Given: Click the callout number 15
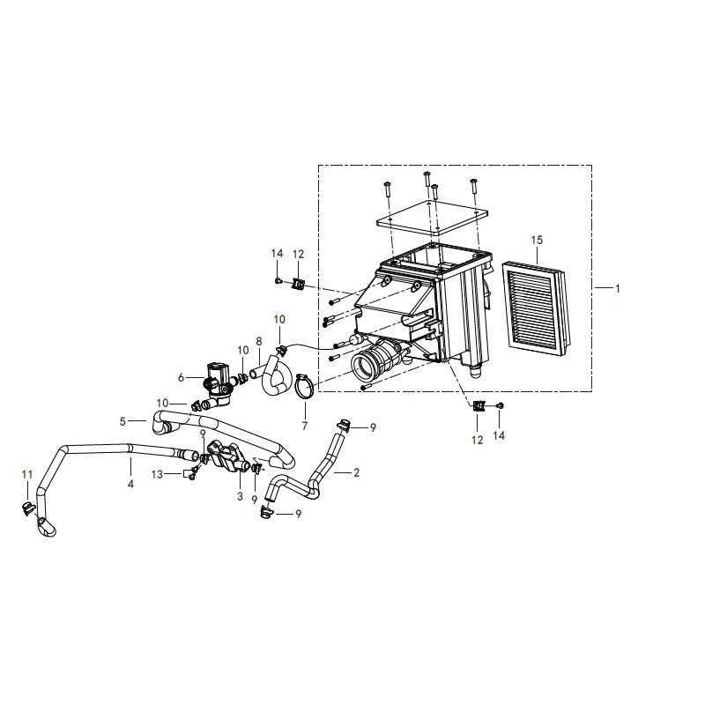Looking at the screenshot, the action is (x=537, y=240).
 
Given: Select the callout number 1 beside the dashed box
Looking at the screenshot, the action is (x=618, y=289).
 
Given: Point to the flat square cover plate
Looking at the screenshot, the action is (x=432, y=218).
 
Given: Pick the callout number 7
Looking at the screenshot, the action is (x=305, y=426).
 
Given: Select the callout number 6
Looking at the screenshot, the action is (x=182, y=378).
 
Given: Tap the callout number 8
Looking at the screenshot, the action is (x=259, y=342).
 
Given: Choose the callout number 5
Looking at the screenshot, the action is (x=122, y=422).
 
